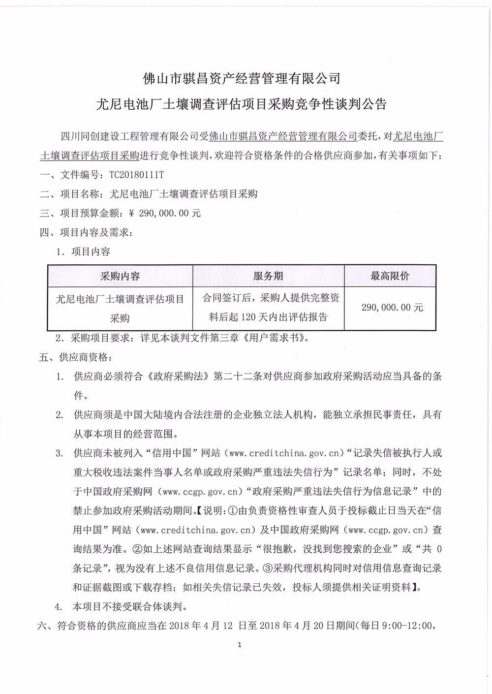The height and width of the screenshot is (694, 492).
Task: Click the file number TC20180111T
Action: point(139,174)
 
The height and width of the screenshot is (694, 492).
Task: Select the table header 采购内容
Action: point(120,276)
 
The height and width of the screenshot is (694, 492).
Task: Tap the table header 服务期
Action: point(268,276)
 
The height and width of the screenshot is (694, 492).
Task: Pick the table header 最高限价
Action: point(390,276)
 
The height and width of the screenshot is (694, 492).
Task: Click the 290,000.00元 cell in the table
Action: point(392,308)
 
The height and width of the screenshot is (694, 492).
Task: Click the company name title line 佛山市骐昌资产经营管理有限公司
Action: point(241,78)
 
